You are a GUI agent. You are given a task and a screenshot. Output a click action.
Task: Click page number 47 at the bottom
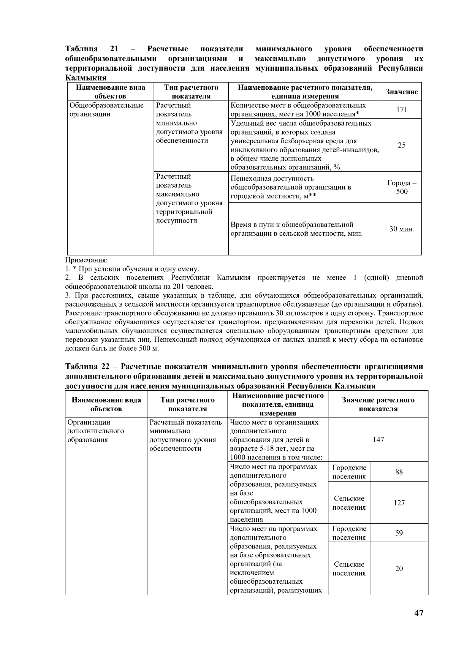coord(418,613)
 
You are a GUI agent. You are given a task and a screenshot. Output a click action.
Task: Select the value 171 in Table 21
coord(401,109)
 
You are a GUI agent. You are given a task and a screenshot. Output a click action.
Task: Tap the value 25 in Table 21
coord(401,145)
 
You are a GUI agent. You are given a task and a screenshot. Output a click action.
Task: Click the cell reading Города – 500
coord(401,187)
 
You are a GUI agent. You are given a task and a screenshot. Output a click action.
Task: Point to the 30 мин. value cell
coord(401,229)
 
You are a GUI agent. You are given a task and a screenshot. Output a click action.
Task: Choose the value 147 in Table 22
coord(378,440)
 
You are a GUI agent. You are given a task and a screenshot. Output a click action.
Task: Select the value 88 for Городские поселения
coord(399,472)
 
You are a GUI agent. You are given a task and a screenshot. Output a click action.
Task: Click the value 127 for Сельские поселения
coord(399,503)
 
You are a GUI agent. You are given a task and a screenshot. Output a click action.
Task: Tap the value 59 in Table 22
coord(399,533)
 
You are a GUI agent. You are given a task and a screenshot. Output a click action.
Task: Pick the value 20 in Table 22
coord(399,569)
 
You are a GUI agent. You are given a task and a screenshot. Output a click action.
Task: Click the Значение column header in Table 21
coord(401,92)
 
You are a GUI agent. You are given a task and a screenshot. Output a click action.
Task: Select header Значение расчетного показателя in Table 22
coord(378,404)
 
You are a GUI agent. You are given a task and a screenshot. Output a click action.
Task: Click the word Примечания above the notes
coord(87,260)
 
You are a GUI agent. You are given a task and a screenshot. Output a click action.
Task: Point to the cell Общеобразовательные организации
coord(106,110)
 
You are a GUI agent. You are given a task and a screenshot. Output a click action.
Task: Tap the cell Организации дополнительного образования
coord(96,431)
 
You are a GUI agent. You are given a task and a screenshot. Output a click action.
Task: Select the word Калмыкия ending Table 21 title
coord(85,78)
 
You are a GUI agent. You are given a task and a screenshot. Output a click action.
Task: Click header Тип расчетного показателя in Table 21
coord(191,92)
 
